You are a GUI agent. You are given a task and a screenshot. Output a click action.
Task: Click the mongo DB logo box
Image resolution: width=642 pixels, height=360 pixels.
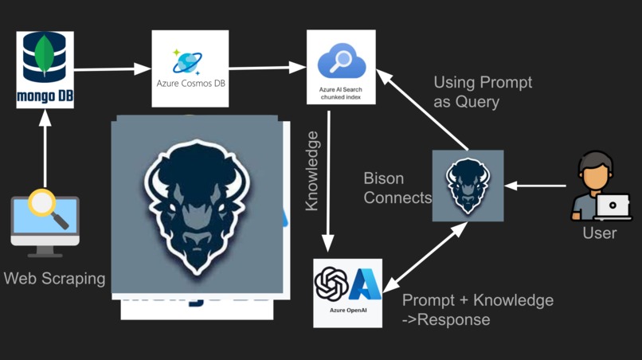45,69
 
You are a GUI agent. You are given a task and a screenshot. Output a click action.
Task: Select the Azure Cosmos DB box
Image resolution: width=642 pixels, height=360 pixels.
190,68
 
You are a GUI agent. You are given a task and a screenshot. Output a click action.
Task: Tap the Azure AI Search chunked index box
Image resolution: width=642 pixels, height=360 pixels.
341,67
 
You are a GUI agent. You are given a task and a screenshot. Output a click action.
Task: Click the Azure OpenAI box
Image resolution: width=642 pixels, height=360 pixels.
347,292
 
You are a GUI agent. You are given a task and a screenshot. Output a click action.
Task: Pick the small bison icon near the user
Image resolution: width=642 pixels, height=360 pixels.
468,186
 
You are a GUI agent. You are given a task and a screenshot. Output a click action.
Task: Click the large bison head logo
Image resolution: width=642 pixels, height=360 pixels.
197,205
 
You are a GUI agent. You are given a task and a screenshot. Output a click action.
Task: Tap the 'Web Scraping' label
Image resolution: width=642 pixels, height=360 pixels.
54,279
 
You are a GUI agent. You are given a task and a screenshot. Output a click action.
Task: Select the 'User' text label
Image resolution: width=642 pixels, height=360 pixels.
599,233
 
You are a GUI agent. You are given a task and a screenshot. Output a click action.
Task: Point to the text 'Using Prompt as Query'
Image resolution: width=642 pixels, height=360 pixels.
483,92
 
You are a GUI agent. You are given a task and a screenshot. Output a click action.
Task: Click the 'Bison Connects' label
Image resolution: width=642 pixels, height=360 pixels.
397,188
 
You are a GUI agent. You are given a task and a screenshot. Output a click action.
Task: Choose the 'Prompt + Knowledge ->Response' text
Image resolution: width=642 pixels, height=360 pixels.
477,310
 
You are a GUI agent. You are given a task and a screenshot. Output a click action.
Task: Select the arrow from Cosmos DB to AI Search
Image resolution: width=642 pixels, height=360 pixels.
268,68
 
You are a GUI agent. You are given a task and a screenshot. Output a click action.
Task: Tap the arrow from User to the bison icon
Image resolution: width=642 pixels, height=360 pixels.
536,186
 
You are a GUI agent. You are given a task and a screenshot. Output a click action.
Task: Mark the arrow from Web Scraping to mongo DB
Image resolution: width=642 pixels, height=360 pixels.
45,151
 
